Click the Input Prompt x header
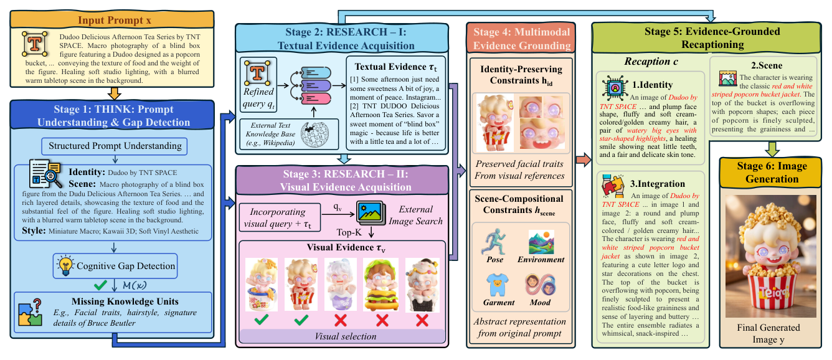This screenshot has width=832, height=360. pyautogui.click(x=115, y=20)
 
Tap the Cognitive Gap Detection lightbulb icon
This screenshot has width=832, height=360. pyautogui.click(x=64, y=266)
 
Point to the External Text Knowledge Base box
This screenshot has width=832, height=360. pyautogui.click(x=274, y=138)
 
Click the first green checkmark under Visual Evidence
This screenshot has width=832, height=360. pyautogui.click(x=261, y=320)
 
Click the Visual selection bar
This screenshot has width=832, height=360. pyautogui.click(x=341, y=336)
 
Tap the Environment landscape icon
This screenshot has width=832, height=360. pyautogui.click(x=541, y=242)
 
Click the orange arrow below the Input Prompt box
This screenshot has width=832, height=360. pyautogui.click(x=115, y=95)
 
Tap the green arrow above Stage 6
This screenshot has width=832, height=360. pyautogui.click(x=771, y=148)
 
